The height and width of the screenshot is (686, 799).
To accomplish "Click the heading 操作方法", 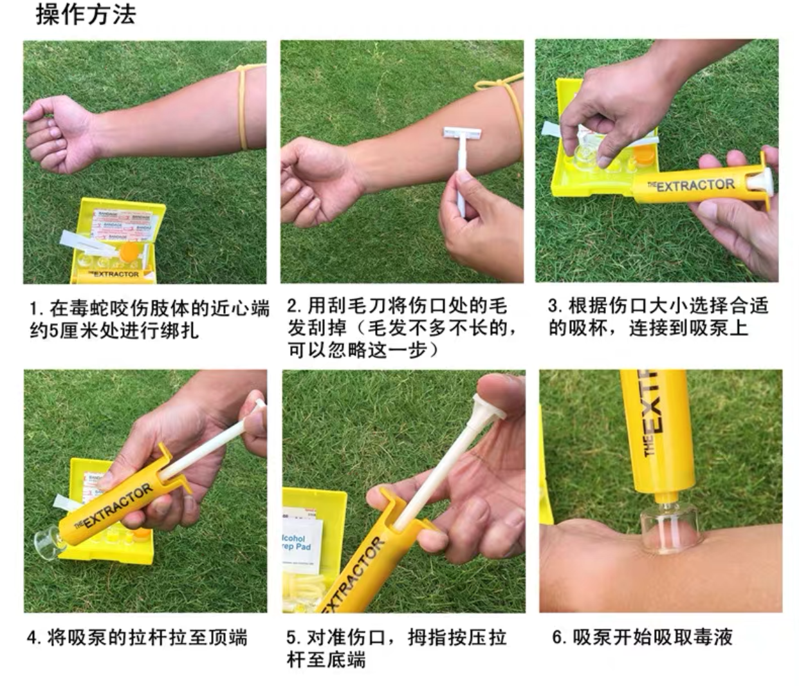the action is coord(86,15).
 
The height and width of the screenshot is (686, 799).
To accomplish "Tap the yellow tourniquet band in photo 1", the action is coord(243,107).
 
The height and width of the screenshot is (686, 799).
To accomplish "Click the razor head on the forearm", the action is coord(463,134).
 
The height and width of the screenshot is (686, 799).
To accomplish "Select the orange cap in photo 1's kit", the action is coord(129,252).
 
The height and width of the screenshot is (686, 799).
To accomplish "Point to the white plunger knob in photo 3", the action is coord(760,180).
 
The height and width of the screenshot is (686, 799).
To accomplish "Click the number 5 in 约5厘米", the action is coord(55,331).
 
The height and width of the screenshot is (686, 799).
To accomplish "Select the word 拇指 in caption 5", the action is coord(428,637).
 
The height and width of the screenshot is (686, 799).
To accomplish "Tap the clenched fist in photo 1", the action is coord(58,133).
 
